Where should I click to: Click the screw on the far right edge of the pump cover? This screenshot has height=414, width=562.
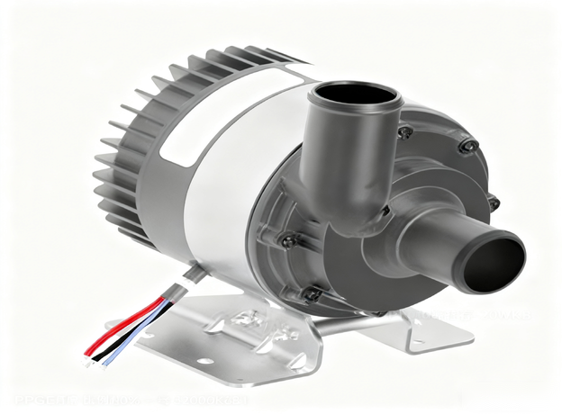[x=493, y=203]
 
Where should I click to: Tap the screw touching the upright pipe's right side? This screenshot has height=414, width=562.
[x=406, y=132]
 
